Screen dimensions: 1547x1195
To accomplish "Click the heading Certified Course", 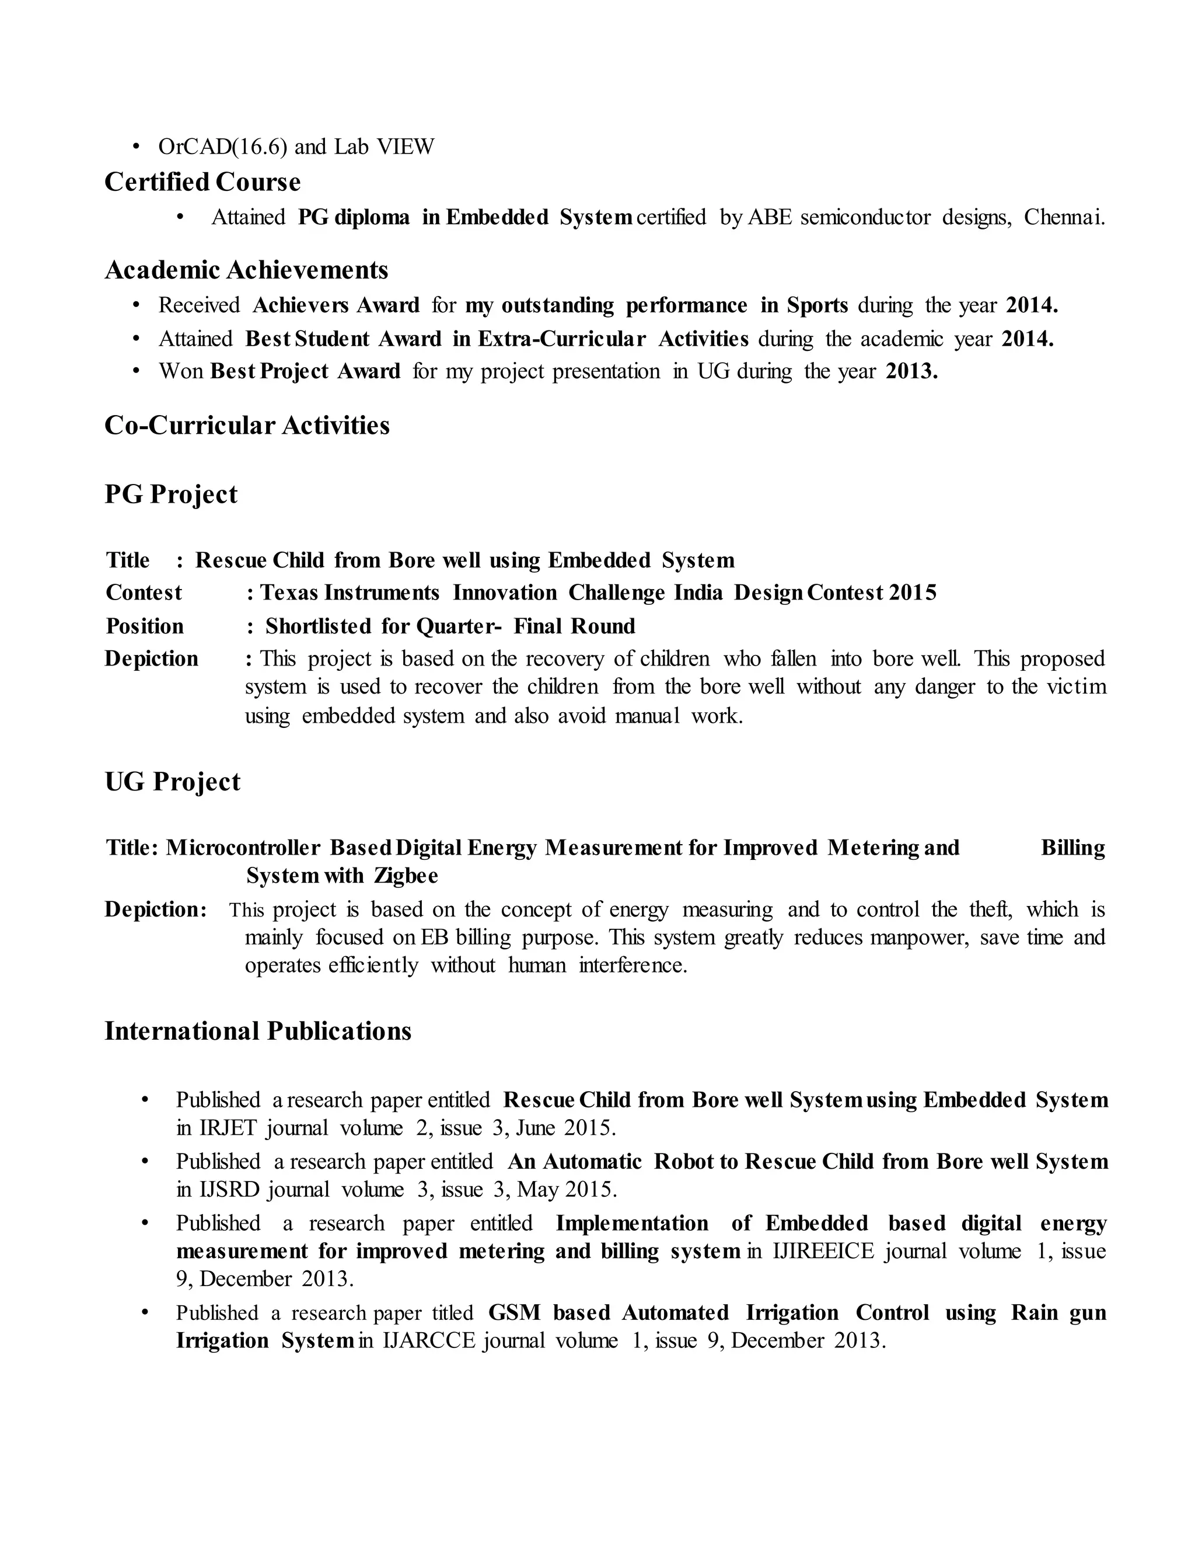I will coord(202,182).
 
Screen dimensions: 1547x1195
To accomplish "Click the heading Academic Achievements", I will coord(246,270).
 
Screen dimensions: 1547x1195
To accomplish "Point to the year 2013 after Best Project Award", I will coord(911,371).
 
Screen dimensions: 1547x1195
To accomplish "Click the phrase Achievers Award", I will coord(336,305).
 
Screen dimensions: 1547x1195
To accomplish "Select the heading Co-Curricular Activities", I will coord(247,425).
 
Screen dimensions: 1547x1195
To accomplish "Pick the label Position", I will coord(145,626).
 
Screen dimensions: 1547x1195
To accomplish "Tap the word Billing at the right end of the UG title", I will coord(1072,848).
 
